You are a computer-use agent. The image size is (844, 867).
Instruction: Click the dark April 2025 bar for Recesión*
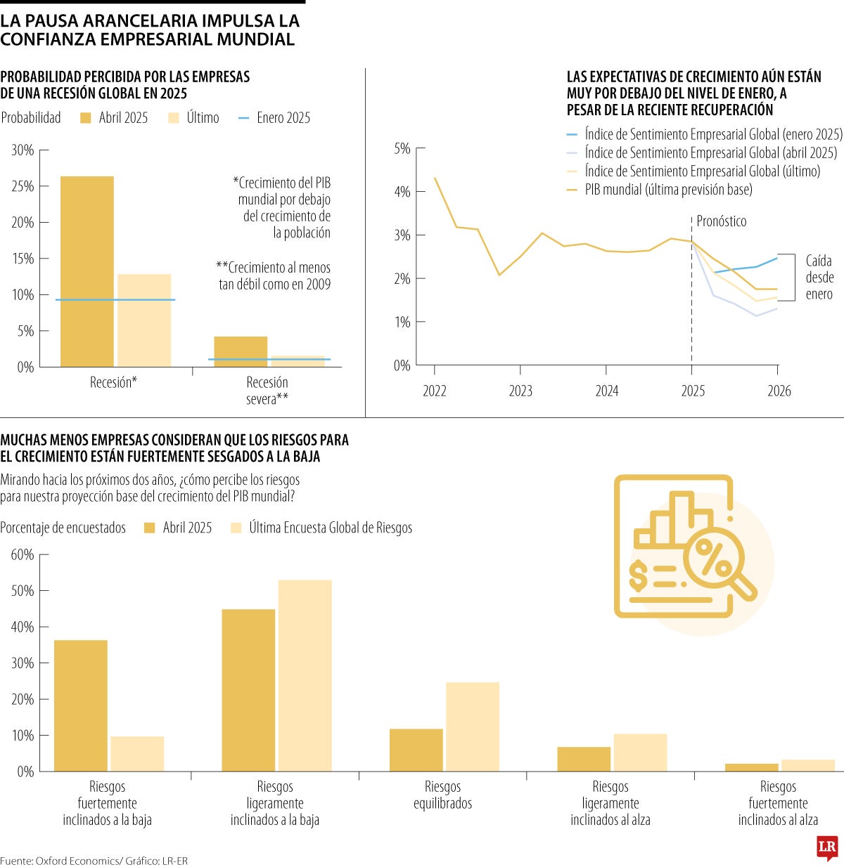87,271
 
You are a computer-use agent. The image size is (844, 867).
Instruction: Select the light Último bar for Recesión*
144,320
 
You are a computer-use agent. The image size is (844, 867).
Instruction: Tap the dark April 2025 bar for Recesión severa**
241,351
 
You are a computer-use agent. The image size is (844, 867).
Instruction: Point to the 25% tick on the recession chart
23,186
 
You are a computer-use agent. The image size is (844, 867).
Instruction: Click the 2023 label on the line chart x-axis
520,391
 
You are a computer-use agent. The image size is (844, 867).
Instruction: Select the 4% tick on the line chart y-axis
402,192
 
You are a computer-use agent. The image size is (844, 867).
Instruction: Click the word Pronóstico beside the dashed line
721,221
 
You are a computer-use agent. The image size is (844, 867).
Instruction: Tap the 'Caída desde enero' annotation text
819,278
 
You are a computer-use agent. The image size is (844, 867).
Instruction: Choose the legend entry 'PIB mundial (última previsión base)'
668,190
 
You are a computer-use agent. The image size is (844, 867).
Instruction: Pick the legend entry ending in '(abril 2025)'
710,153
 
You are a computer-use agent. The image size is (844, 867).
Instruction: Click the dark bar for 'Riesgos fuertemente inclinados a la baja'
81,705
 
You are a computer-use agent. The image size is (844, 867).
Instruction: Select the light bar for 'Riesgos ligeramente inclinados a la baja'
305,675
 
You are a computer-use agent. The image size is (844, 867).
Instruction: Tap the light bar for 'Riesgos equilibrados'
473,726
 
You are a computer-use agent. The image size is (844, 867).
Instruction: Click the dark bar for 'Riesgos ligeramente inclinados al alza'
584,759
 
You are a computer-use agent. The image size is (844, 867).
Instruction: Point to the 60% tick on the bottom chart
23,555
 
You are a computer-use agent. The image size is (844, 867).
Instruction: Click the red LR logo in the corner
827,848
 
